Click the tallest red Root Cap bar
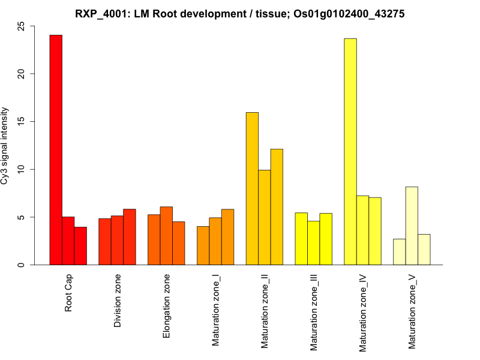coord(56,150)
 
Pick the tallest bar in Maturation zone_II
coord(252,188)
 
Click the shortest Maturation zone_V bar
coord(399,252)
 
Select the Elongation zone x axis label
coord(167,305)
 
